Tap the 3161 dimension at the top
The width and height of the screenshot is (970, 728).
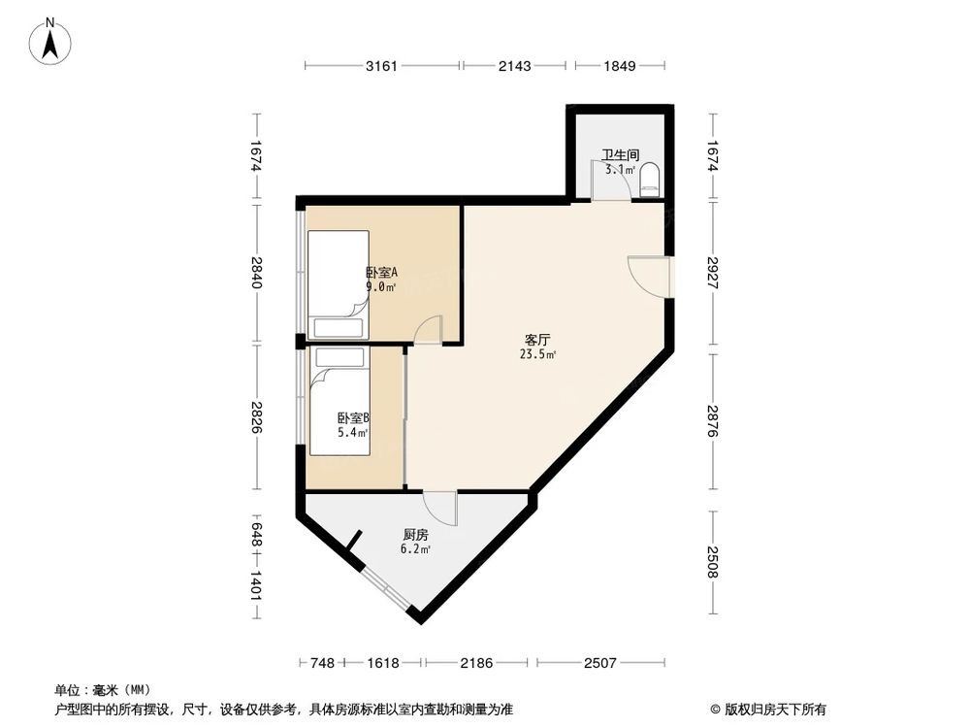[384, 66]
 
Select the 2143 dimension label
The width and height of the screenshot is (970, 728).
[514, 66]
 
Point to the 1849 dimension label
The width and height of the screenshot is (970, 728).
[619, 66]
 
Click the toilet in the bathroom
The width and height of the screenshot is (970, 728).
[651, 178]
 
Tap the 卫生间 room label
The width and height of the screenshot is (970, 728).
[619, 154]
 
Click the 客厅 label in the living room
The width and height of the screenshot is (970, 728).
[537, 341]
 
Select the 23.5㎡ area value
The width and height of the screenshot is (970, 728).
[537, 355]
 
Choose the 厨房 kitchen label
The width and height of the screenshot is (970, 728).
[415, 535]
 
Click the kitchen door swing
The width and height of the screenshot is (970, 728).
[441, 505]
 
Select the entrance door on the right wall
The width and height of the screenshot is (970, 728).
[649, 275]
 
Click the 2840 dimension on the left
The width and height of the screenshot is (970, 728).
[256, 276]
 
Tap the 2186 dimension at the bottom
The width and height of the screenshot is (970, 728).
[477, 663]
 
